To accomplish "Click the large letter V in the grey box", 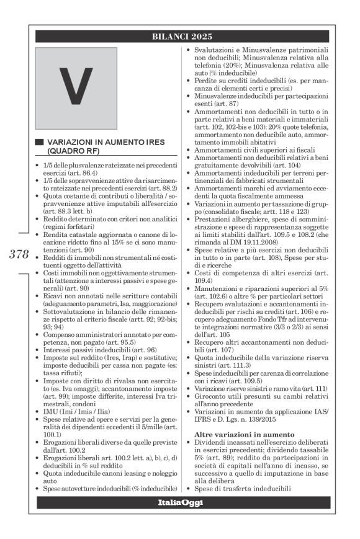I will coord(75,87).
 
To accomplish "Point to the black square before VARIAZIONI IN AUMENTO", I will coord(39,143).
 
